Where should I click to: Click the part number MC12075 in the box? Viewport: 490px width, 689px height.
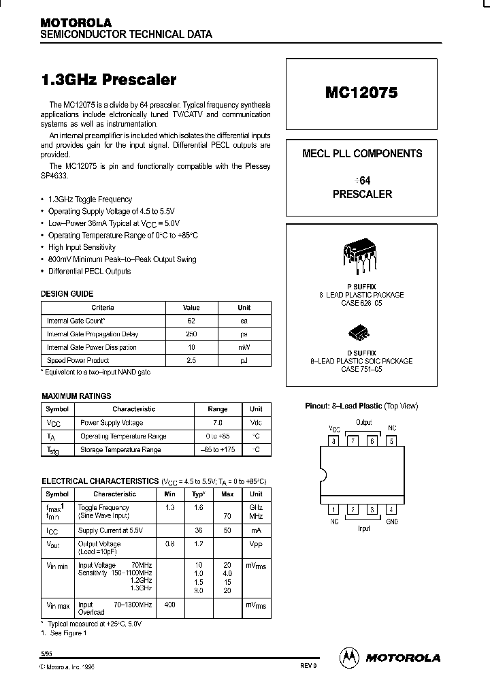pyautogui.click(x=361, y=94)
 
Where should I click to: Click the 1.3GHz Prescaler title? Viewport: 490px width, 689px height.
pyautogui.click(x=109, y=80)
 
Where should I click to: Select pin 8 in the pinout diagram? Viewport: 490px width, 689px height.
pyautogui.click(x=333, y=440)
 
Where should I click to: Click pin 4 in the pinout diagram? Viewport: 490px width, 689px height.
pyautogui.click(x=391, y=509)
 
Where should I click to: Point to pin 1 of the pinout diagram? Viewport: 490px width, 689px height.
pyautogui.click(x=333, y=509)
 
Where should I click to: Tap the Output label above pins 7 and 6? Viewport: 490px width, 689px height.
pyautogui.click(x=363, y=423)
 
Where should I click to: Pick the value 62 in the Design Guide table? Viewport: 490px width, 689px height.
pyautogui.click(x=191, y=321)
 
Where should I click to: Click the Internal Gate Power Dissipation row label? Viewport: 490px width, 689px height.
pyautogui.click(x=91, y=347)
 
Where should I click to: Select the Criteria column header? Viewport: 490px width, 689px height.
pyautogui.click(x=103, y=308)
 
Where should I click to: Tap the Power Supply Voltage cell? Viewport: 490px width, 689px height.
pyautogui.click(x=112, y=423)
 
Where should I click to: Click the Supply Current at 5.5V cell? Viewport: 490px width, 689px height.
pyautogui.click(x=109, y=530)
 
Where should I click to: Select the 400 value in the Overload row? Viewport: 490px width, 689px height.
pyautogui.click(x=169, y=605)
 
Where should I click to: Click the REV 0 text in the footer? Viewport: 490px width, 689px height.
pyautogui.click(x=308, y=666)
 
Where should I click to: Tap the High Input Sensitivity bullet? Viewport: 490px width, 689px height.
pyautogui.click(x=82, y=247)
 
